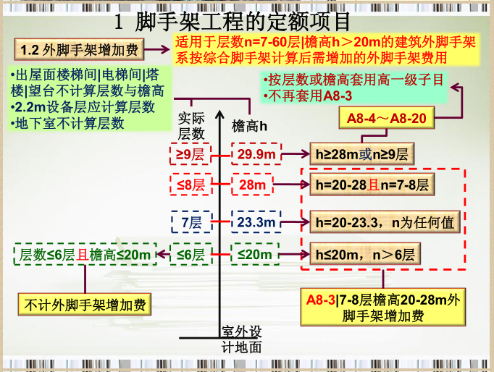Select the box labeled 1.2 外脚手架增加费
coord(79,51)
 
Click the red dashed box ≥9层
coord(191,154)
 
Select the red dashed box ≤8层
coord(191,185)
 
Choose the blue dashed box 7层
coord(191,221)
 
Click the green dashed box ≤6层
coord(191,254)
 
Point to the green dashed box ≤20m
coord(254,254)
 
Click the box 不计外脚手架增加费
coord(85,303)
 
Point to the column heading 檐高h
coord(249,125)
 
